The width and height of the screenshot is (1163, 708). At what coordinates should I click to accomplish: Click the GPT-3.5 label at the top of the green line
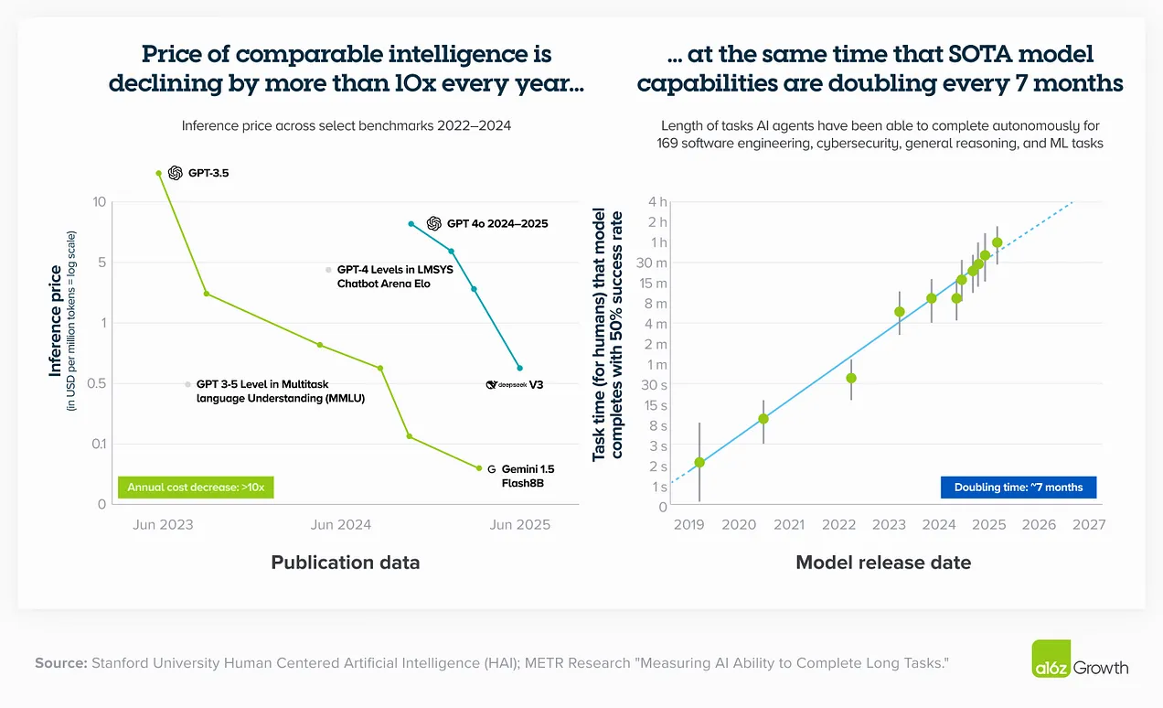tap(208, 173)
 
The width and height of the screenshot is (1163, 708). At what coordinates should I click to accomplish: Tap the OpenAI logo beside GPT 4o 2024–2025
tap(434, 223)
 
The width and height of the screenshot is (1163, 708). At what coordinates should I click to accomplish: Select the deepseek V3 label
tap(515, 385)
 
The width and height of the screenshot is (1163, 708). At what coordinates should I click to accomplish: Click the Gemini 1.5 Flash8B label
tap(527, 476)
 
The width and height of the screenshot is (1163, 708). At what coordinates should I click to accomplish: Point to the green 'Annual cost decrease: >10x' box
tap(196, 488)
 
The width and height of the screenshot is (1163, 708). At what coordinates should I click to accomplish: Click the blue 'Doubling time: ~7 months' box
tap(1018, 488)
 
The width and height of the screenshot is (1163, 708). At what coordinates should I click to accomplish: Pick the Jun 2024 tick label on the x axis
tap(341, 525)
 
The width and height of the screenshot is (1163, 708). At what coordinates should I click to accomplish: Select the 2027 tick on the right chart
tap(1088, 525)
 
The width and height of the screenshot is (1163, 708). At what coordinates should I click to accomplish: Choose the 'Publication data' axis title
tap(346, 563)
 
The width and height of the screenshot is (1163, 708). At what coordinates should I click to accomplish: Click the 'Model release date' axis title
tap(883, 563)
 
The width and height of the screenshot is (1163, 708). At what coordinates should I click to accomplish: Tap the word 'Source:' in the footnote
tap(60, 662)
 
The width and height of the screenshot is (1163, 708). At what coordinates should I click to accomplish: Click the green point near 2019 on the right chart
tap(699, 463)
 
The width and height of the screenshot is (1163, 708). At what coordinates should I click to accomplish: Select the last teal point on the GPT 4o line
tap(520, 368)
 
